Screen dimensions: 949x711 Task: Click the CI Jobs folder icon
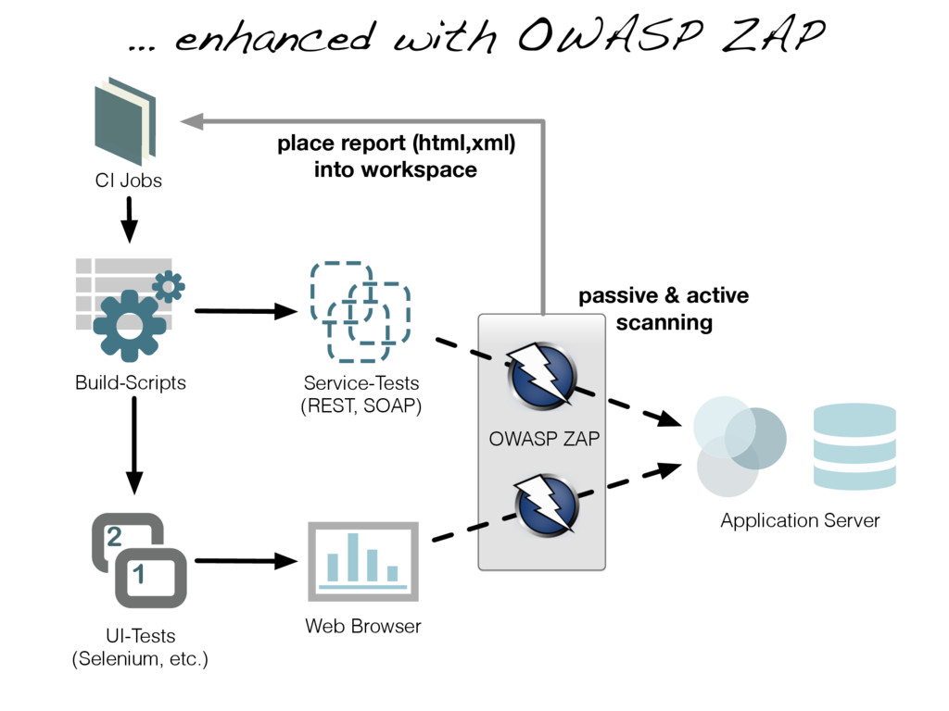point(125,121)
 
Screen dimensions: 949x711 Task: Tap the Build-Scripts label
point(130,382)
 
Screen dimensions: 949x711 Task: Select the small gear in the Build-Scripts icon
point(169,286)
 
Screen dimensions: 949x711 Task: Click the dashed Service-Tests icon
point(361,312)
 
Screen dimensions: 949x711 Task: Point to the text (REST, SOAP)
point(361,405)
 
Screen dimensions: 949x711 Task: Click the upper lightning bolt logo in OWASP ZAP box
point(541,375)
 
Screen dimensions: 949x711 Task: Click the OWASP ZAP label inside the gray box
point(544,438)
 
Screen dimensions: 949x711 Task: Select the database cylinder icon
point(854,446)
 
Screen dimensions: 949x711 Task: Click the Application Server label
point(800,520)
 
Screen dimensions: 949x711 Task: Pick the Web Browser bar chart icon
point(363,562)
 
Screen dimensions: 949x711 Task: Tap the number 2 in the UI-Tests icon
point(114,536)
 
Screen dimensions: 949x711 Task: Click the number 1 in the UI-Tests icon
point(139,574)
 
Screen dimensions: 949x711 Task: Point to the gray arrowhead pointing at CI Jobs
point(191,121)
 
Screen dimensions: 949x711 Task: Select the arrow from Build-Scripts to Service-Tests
point(247,311)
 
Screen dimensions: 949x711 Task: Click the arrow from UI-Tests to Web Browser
point(247,561)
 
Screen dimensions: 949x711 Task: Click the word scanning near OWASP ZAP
point(664,323)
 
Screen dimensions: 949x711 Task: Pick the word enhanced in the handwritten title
point(273,37)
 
